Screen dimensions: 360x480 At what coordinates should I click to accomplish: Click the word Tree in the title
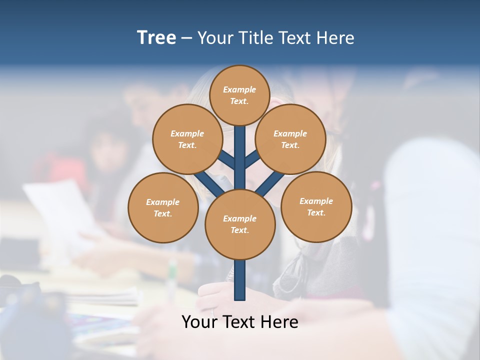pos(156,37)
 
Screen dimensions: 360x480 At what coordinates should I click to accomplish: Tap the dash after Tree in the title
pos(186,38)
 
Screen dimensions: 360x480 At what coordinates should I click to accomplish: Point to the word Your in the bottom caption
pos(200,321)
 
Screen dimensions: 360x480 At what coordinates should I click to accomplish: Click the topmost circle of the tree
pos(240,95)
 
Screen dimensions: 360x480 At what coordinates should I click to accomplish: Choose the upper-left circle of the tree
pos(187,139)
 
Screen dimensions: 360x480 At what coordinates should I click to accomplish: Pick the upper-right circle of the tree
pos(290,139)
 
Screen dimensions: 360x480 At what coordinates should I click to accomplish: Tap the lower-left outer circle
pos(163,207)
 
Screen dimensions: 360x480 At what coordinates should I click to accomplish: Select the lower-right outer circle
pos(316,206)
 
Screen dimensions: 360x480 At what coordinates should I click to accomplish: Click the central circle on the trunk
pos(240,224)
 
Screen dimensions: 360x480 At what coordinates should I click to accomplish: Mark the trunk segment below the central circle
pos(240,280)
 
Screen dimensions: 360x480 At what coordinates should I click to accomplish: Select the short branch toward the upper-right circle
pos(252,160)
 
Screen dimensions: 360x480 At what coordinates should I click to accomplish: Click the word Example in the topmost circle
pos(239,89)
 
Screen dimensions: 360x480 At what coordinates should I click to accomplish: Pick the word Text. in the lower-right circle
pos(316,212)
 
